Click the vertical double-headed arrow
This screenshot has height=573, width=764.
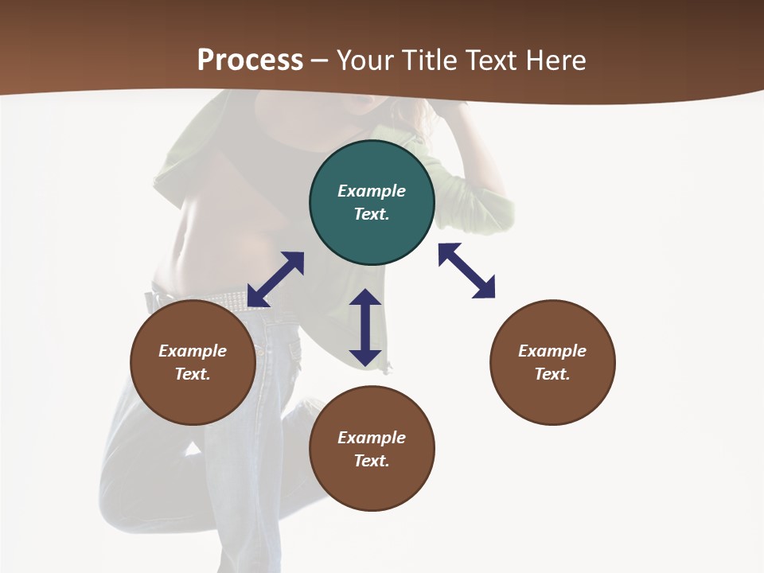[365, 327]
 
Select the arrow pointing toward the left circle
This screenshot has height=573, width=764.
[275, 279]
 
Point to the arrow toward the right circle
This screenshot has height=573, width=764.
[466, 271]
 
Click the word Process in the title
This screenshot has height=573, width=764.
[250, 60]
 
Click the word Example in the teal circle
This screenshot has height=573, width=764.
[372, 191]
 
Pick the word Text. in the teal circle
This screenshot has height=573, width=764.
[372, 214]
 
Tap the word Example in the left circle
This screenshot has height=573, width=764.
[193, 351]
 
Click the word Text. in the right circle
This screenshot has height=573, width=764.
[552, 374]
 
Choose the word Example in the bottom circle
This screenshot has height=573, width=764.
[372, 438]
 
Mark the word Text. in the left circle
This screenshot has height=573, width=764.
[193, 374]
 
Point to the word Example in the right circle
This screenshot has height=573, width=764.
[552, 351]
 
